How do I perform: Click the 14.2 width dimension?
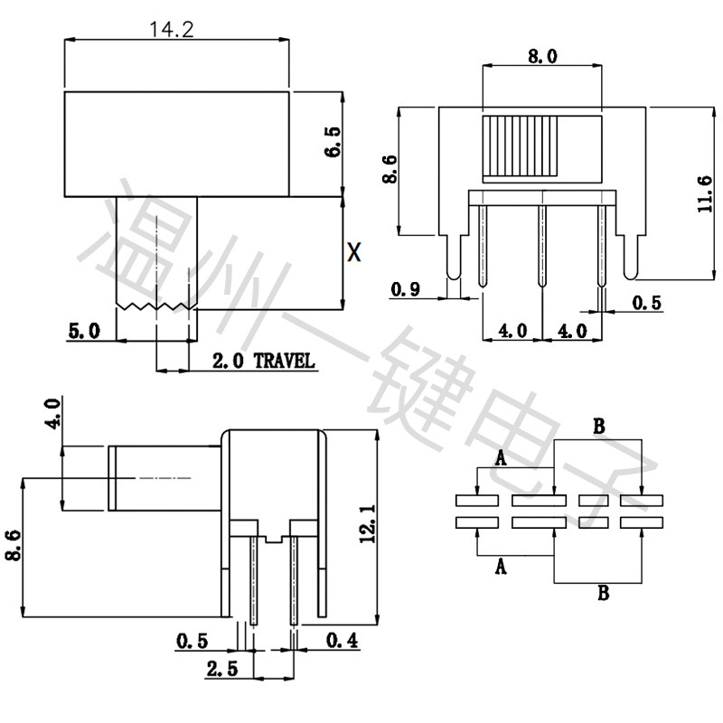(172, 29)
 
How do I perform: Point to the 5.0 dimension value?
(84, 332)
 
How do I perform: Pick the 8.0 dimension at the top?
(541, 56)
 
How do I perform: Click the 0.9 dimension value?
(405, 289)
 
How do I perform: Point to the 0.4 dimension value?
(341, 641)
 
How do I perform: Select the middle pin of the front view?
(541, 246)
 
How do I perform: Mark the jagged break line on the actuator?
(155, 307)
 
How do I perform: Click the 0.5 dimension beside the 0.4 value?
(192, 641)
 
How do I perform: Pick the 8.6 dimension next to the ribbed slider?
(390, 170)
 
